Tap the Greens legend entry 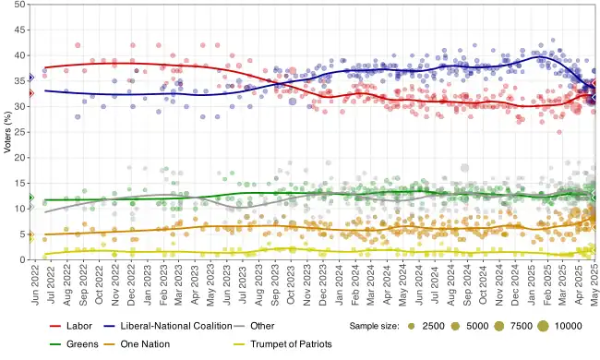(x=83, y=343)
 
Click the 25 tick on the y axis (x=19, y=132)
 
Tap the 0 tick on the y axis (x=22, y=259)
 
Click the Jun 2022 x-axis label (x=34, y=282)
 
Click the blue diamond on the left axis (x=30, y=78)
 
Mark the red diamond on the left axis (x=30, y=93)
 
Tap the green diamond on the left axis (x=30, y=198)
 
